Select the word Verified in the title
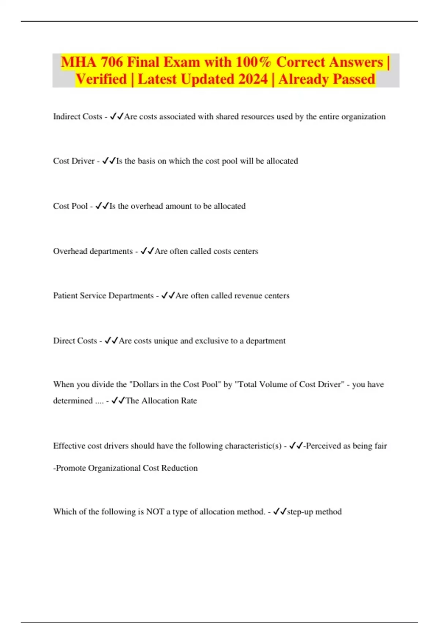101,79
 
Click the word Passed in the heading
354,79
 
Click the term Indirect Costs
78,117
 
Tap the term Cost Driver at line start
74,161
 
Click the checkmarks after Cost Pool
102,206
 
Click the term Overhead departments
93,251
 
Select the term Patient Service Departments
103,296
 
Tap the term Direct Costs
75,341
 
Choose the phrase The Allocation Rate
161,401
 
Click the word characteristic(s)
253,446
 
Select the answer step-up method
314,512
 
